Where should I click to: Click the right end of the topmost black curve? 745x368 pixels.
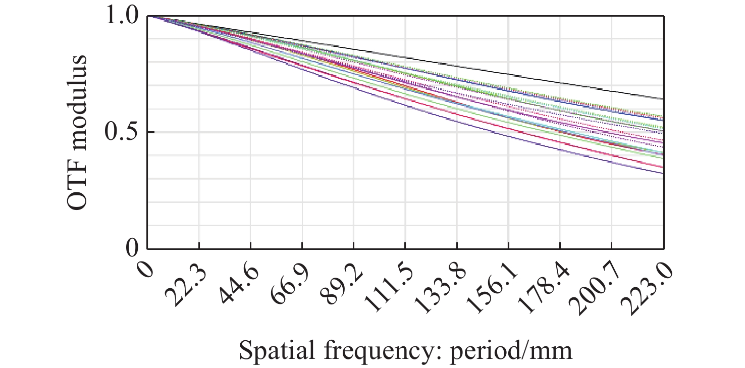pyautogui.click(x=662, y=99)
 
